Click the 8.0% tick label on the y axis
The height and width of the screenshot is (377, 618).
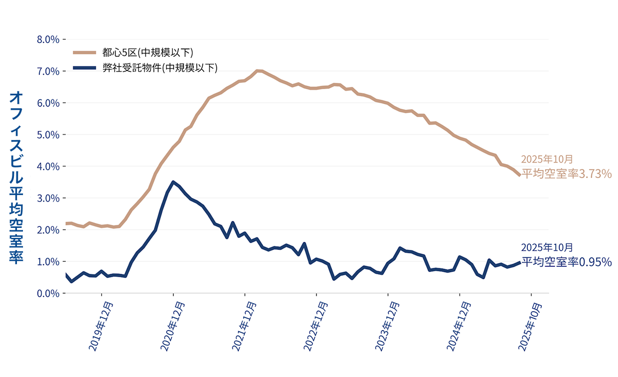point(48,39)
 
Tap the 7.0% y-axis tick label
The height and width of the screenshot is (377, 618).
point(48,71)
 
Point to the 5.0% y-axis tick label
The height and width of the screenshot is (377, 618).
point(48,135)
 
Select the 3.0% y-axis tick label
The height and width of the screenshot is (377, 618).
point(48,198)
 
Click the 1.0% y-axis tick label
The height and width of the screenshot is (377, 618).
point(48,261)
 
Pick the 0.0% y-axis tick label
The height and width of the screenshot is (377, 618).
point(48,293)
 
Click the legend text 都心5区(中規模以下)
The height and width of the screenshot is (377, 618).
point(148,52)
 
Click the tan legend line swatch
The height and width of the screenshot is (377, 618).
point(85,52)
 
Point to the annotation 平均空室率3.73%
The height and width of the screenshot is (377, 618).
point(566,174)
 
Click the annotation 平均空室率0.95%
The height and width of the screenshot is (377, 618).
point(566,262)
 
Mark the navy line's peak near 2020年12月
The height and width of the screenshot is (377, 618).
point(173,182)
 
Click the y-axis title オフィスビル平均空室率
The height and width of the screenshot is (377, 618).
point(16,177)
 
